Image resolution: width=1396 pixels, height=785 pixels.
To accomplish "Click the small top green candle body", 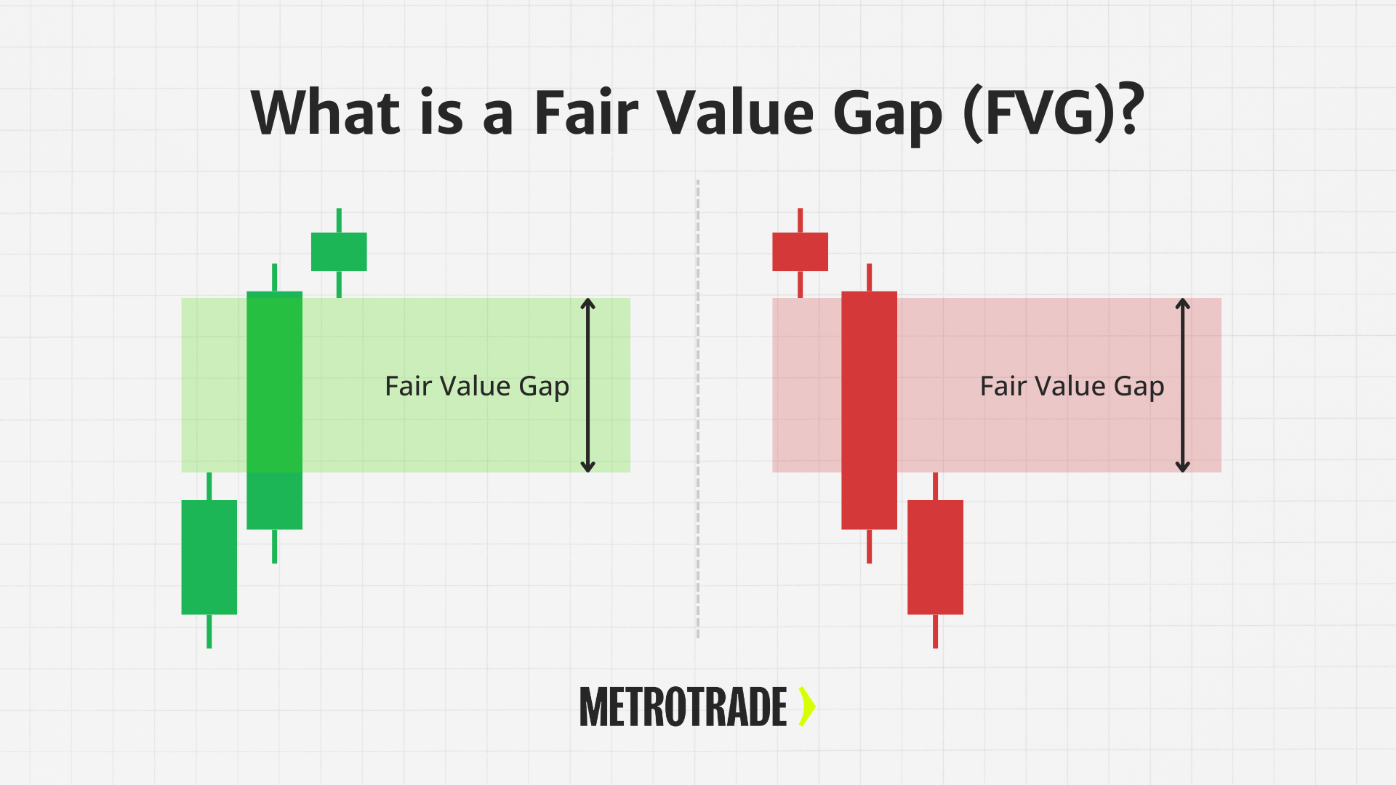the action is [x=339, y=251].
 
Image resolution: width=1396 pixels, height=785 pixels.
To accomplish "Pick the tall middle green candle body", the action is [x=274, y=410].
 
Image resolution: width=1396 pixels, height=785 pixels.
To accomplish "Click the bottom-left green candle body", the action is [x=209, y=557].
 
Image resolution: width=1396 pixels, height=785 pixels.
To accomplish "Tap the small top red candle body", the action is [x=800, y=251].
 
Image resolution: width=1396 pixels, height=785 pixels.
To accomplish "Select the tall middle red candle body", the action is [x=869, y=410].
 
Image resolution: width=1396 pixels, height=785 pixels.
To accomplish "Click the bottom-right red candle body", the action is [x=935, y=557].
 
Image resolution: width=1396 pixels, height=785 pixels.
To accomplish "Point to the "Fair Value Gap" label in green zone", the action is [x=477, y=387].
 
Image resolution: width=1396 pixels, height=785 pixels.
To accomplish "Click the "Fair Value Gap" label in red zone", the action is [x=1072, y=387].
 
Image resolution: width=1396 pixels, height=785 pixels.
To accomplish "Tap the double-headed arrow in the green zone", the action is [x=588, y=385].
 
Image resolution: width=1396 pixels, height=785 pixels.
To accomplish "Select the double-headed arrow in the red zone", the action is [x=1183, y=385].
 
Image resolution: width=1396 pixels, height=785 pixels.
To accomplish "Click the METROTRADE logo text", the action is [x=683, y=707].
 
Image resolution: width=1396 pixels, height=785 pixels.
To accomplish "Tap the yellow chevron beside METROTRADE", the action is [x=807, y=706].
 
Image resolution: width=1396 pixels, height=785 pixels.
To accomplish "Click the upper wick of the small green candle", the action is [x=339, y=220].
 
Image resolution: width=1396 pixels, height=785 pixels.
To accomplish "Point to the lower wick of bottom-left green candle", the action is [x=209, y=631].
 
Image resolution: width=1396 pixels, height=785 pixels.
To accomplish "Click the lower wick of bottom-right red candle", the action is [x=935, y=631].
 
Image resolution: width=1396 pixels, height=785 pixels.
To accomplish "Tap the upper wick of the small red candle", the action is [x=800, y=220].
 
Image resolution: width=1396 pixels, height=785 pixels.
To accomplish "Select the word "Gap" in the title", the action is [x=888, y=116].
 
